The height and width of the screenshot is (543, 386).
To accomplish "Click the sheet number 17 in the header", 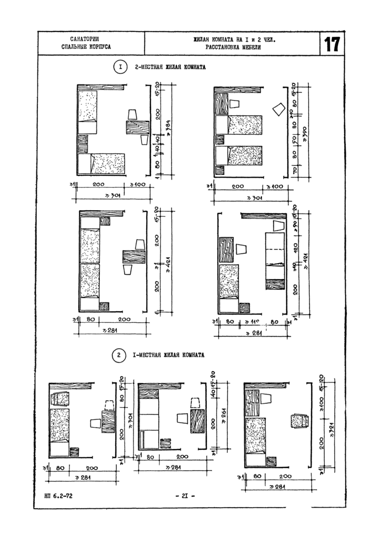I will click(x=332, y=44).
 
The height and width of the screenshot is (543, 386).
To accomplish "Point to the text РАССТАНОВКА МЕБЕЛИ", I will click(x=234, y=48).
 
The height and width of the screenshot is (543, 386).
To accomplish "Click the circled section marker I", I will click(x=120, y=68).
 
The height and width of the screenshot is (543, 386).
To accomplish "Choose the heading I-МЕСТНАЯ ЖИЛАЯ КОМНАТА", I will click(x=168, y=355).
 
